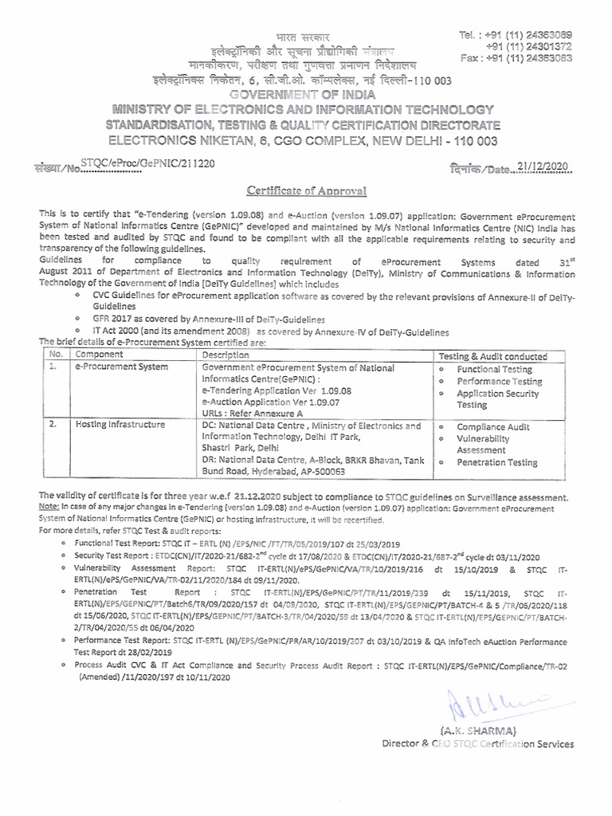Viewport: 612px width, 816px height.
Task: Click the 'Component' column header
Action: tap(99, 355)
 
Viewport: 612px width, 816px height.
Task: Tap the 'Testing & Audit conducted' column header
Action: tap(493, 356)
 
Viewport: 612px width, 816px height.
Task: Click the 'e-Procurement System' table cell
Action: tap(121, 367)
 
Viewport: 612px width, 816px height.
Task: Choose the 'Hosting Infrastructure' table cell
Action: tap(120, 426)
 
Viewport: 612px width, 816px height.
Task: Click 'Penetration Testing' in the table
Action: tap(496, 462)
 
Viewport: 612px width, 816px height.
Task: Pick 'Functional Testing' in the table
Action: tap(494, 370)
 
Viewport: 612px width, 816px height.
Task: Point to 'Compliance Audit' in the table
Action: tap(493, 427)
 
